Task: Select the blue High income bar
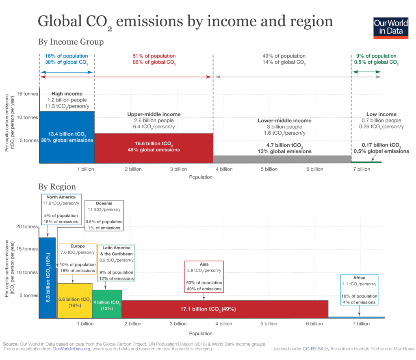[67, 137]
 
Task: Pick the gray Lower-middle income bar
[282, 159]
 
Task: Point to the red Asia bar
[225, 309]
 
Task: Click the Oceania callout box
[104, 215]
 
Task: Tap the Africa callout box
[359, 290]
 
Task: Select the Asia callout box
[204, 276]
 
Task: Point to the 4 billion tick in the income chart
[223, 169]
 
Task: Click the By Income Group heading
[71, 42]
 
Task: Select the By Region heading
[57, 187]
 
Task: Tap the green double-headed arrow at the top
[366, 72]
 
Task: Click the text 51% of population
[154, 56]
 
